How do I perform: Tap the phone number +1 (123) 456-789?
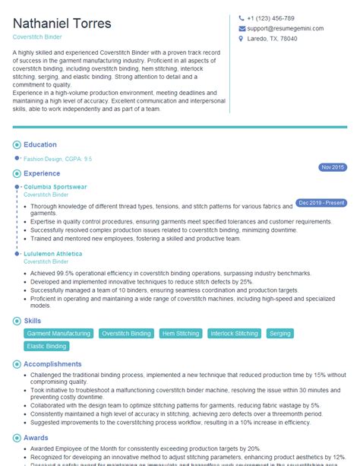pyautogui.click(x=270, y=18)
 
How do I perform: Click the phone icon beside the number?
pyautogui.click(x=242, y=18)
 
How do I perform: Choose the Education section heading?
pyautogui.click(x=40, y=144)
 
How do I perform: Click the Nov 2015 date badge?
pyautogui.click(x=333, y=167)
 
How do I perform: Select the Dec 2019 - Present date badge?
pyautogui.click(x=321, y=203)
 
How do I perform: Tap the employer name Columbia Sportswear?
pyautogui.click(x=55, y=186)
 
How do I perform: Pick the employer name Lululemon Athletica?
pyautogui.click(x=53, y=253)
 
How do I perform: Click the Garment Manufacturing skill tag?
pyautogui.click(x=58, y=334)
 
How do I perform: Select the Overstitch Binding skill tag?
pyautogui.click(x=126, y=334)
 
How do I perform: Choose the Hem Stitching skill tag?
pyautogui.click(x=180, y=334)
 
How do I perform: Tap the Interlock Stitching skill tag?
pyautogui.click(x=234, y=334)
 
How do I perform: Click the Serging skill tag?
pyautogui.click(x=280, y=334)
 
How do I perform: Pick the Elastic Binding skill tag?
pyautogui.click(x=46, y=347)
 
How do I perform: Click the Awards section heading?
pyautogui.click(x=37, y=438)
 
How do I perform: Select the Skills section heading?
pyautogui.click(x=33, y=322)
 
